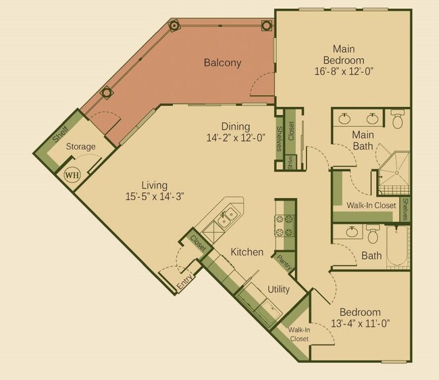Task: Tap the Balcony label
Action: pyautogui.click(x=222, y=64)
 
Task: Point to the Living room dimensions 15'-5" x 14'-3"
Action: pyautogui.click(x=154, y=196)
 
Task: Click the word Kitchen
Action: pyautogui.click(x=247, y=252)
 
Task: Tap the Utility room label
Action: pyautogui.click(x=279, y=289)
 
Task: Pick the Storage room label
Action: pyautogui.click(x=80, y=147)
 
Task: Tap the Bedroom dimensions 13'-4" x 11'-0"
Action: pyautogui.click(x=360, y=323)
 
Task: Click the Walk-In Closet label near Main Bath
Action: pyautogui.click(x=371, y=206)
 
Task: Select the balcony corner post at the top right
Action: pyautogui.click(x=266, y=26)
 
